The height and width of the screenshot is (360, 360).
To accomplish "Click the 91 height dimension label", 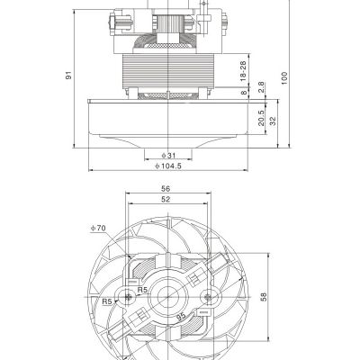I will coord(69,76).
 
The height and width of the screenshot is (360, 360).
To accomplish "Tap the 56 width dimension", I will coord(166,189).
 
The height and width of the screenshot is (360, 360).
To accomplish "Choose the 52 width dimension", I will coord(166,201).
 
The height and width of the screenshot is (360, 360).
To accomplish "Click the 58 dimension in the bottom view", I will coord(264,296).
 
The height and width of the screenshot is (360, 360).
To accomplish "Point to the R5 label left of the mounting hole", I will coord(107,301).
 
